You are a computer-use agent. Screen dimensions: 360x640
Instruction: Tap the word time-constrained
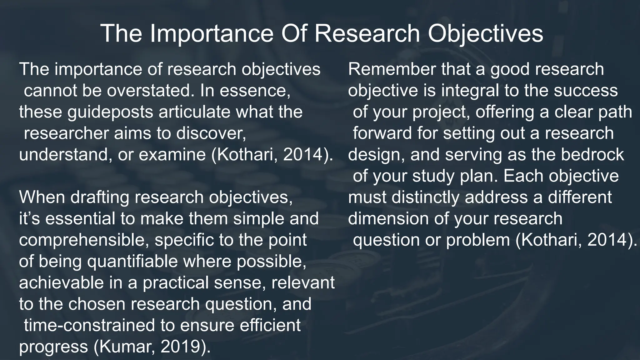[x=89, y=325]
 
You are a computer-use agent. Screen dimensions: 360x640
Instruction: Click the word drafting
[x=99, y=197]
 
